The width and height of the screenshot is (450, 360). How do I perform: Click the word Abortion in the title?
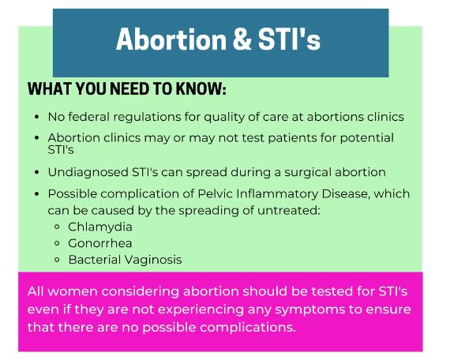tap(171, 39)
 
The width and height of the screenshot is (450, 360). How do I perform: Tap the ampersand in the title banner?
tap(242, 39)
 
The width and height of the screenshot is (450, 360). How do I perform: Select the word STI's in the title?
tap(289, 39)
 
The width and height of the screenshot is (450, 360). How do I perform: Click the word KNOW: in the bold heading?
tap(201, 88)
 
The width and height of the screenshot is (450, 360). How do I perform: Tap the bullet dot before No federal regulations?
tap(36, 117)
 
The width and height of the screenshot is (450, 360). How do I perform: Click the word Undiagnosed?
tap(88, 173)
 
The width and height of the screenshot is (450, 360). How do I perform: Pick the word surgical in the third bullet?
tap(308, 173)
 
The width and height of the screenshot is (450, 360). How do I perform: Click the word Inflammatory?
tap(277, 193)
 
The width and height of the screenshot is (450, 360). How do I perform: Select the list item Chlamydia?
tap(100, 227)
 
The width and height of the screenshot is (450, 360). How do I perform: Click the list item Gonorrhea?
tap(100, 243)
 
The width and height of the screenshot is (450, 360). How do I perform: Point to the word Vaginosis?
tap(153, 260)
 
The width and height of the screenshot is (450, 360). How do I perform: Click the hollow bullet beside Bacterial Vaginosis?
tap(57, 260)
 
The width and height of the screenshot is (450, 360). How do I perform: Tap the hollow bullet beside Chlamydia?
tap(57, 227)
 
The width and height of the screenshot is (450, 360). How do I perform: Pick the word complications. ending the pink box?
tap(248, 328)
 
